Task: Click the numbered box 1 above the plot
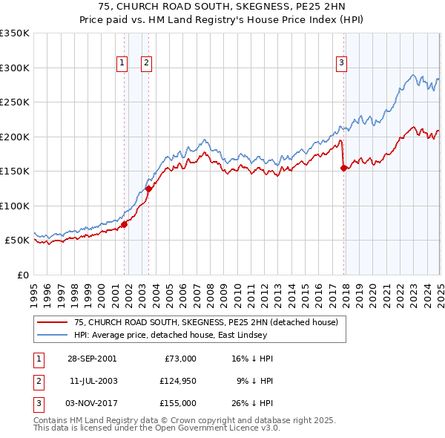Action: (x=121, y=63)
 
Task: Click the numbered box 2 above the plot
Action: (x=146, y=63)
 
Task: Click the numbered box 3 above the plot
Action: (x=342, y=63)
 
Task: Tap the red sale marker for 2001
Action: (x=124, y=225)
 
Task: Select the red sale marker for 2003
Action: (x=148, y=189)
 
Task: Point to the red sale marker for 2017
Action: (x=343, y=168)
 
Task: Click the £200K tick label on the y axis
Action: (x=14, y=137)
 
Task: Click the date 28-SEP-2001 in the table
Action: (x=91, y=359)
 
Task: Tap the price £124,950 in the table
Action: (x=177, y=381)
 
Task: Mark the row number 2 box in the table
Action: (x=38, y=381)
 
